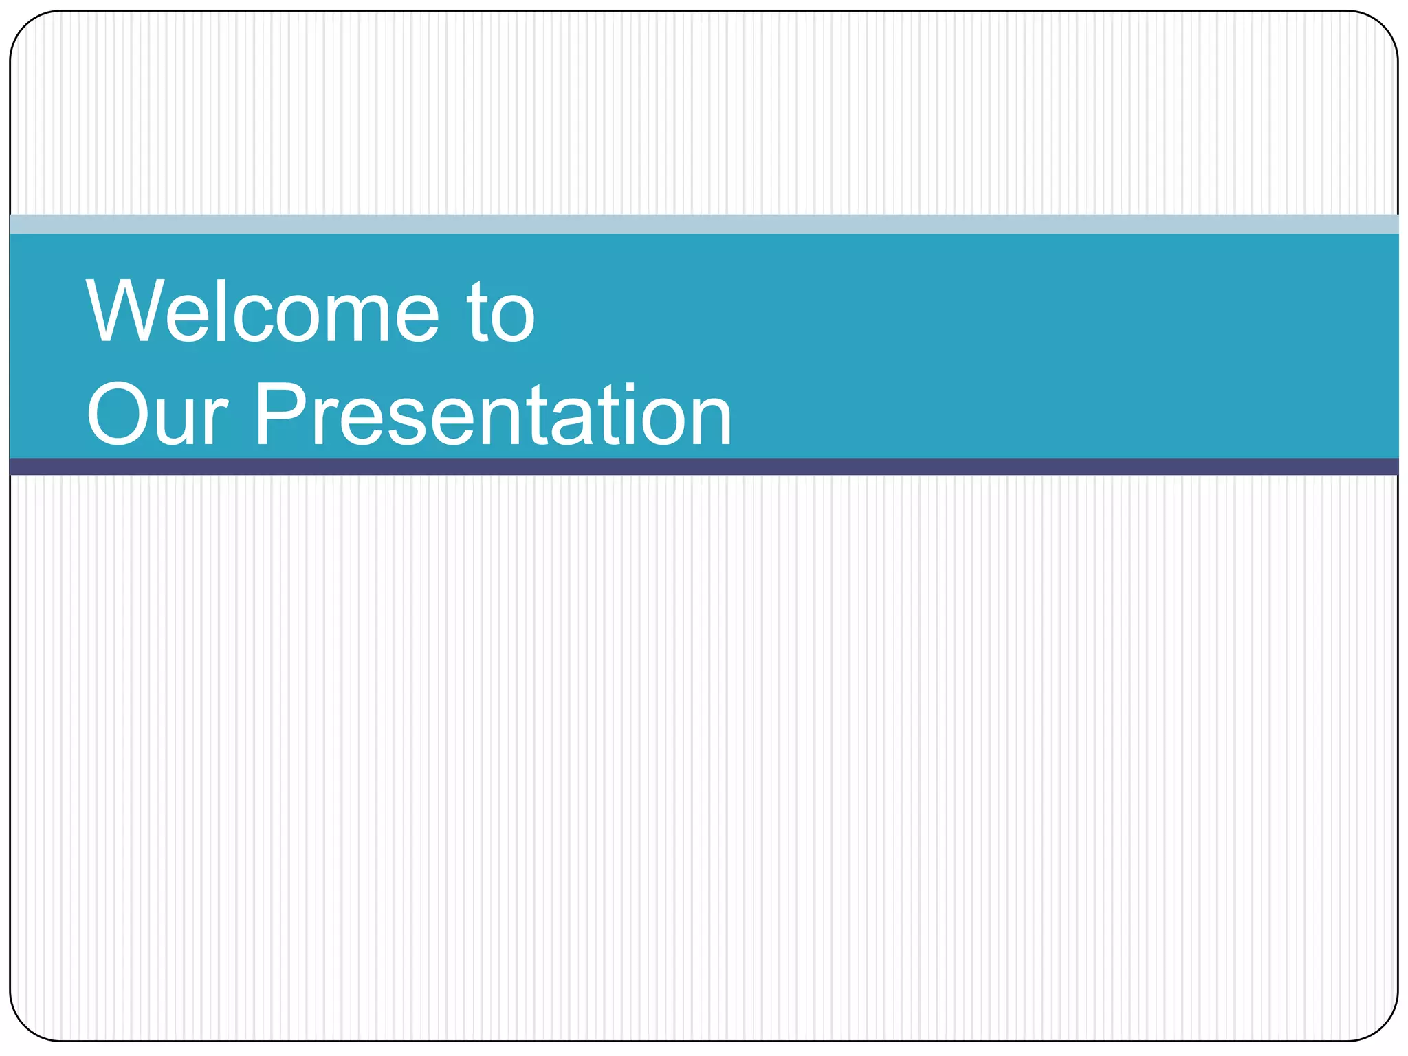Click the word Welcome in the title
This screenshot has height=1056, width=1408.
pyautogui.click(x=261, y=311)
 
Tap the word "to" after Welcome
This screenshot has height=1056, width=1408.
pyautogui.click(x=500, y=313)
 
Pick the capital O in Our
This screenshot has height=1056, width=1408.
pyautogui.click(x=114, y=414)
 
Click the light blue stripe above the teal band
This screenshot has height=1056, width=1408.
pyautogui.click(x=704, y=224)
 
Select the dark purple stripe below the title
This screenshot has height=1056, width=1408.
pyautogui.click(x=704, y=467)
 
